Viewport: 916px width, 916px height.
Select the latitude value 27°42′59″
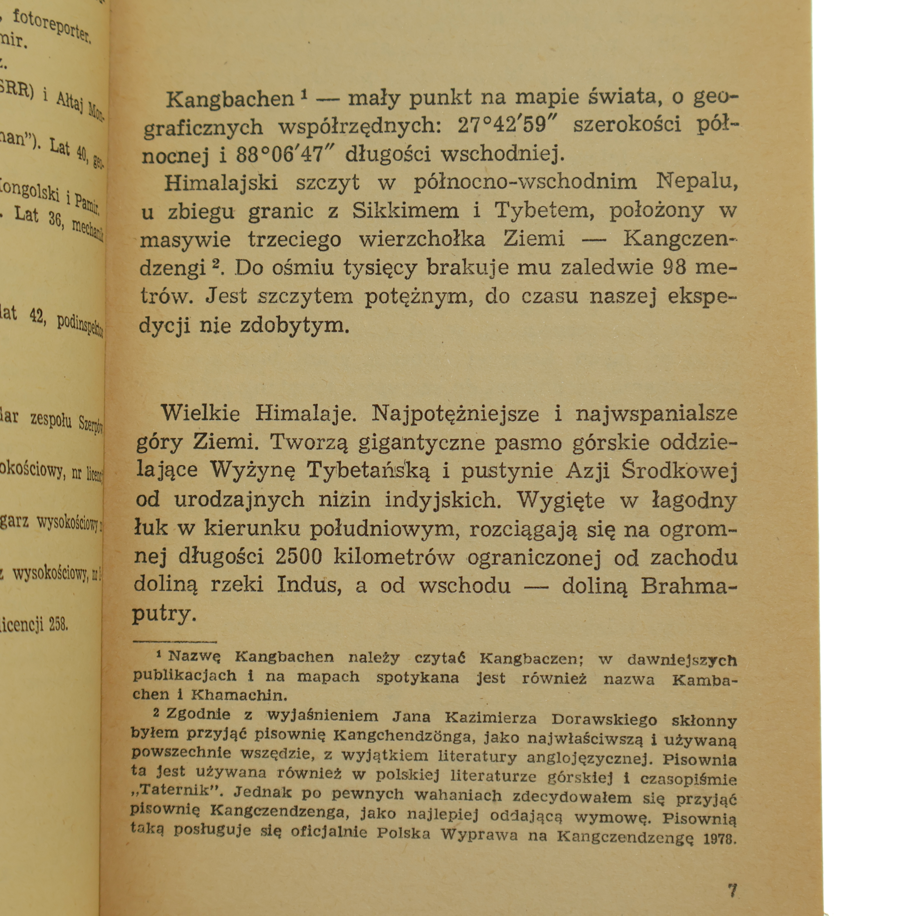509,126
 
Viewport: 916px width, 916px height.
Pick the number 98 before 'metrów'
673,268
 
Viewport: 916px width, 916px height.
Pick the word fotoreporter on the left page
52,27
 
